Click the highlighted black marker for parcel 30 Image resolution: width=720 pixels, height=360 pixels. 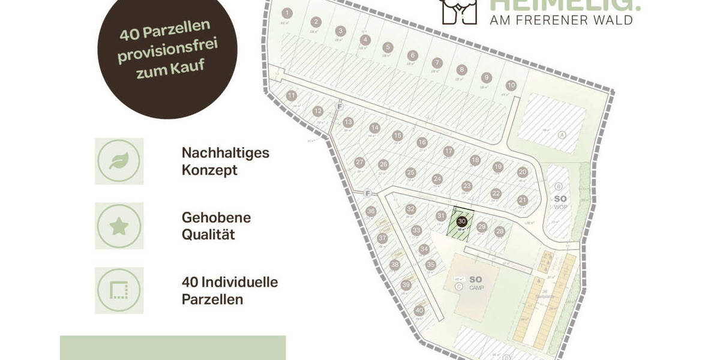[x=462, y=221]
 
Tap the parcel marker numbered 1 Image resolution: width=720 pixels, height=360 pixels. [x=287, y=13]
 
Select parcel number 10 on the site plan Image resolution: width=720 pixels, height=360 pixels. [x=511, y=85]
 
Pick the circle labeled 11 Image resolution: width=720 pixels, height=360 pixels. [x=292, y=95]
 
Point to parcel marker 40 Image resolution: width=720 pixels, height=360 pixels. [x=419, y=310]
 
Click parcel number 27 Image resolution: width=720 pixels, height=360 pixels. [x=360, y=163]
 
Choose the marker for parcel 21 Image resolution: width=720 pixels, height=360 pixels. [x=523, y=200]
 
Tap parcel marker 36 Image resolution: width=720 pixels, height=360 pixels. [x=371, y=211]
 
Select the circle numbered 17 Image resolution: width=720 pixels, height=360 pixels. [x=448, y=151]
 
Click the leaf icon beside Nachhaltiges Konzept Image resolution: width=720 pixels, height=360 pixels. [x=119, y=161]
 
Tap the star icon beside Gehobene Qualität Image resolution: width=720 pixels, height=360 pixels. [x=119, y=226]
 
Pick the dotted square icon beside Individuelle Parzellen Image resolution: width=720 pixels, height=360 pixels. [x=119, y=290]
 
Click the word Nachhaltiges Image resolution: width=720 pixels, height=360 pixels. [x=226, y=152]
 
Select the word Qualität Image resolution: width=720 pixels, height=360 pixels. [x=208, y=234]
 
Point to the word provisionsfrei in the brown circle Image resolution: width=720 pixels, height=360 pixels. [x=167, y=52]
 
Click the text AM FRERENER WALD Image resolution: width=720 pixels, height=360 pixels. [x=562, y=20]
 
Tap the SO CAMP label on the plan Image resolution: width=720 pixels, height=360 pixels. [x=475, y=282]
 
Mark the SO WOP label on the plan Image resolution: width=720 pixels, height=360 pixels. [x=560, y=202]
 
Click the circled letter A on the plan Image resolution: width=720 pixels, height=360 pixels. [x=562, y=134]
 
